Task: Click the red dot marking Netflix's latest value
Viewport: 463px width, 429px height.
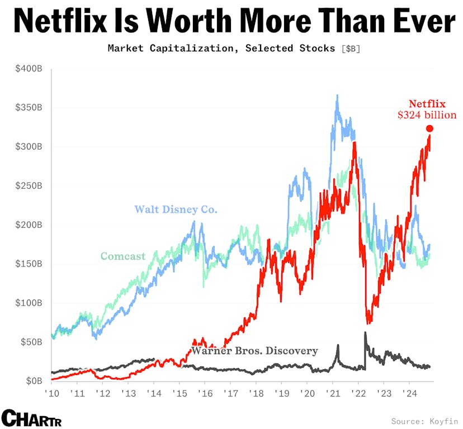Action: click(x=429, y=129)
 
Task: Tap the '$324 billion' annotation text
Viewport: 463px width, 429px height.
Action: click(x=427, y=116)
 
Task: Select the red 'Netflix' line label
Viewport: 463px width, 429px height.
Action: click(x=427, y=104)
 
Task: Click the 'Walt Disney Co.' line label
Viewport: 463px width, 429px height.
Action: click(x=176, y=210)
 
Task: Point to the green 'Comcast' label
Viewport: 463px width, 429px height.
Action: click(x=122, y=256)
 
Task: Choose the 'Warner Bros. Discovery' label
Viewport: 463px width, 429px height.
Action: click(x=254, y=351)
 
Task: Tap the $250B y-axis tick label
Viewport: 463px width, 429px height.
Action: click(x=29, y=185)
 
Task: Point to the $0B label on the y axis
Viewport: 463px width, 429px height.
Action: click(x=33, y=381)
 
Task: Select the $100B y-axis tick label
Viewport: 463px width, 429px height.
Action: click(x=29, y=303)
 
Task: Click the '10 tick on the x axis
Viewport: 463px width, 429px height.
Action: click(x=51, y=393)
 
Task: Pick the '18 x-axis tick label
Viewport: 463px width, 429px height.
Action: click(x=256, y=393)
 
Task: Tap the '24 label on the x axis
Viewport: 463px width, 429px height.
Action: click(x=409, y=393)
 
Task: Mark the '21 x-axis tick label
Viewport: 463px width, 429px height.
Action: click(x=332, y=393)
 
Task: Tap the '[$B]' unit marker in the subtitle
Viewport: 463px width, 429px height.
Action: click(x=351, y=49)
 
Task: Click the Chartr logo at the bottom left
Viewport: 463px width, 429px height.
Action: click(x=31, y=418)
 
